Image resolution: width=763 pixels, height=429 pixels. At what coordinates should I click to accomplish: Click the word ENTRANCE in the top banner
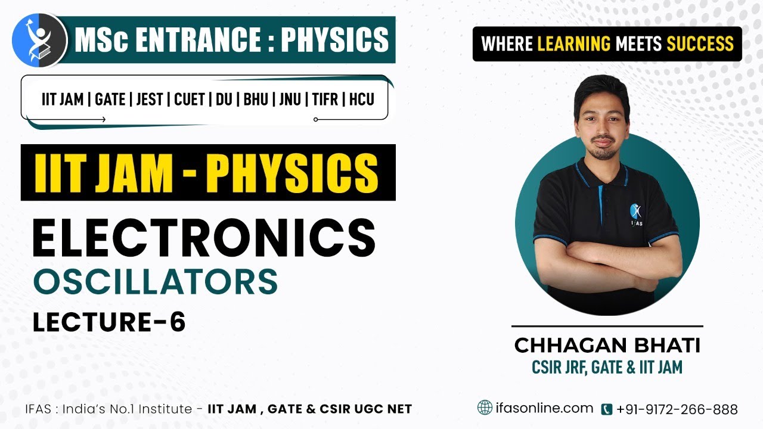click(197, 40)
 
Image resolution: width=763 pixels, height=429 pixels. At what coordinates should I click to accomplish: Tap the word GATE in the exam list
click(110, 99)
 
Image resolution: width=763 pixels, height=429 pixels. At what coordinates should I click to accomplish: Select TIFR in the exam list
click(325, 99)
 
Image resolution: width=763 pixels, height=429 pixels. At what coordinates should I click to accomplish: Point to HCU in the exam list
click(361, 99)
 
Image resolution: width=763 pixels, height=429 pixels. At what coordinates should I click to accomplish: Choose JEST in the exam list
click(149, 99)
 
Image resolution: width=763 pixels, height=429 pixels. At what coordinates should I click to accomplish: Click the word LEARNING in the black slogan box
click(574, 43)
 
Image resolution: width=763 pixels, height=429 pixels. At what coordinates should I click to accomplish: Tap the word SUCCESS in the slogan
click(700, 43)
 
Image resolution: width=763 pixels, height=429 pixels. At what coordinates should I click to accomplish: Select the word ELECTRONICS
click(204, 238)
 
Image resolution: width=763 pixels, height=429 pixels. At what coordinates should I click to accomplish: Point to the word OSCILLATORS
click(156, 281)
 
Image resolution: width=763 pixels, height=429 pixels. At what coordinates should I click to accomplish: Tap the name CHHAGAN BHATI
click(607, 345)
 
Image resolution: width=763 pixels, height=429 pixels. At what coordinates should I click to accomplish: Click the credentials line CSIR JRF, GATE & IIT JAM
click(607, 367)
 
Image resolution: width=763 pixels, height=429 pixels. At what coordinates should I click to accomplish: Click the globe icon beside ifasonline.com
click(485, 408)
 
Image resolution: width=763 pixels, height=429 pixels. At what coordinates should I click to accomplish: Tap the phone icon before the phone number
click(607, 409)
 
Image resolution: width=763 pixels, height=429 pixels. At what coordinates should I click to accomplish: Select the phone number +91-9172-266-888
click(677, 409)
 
